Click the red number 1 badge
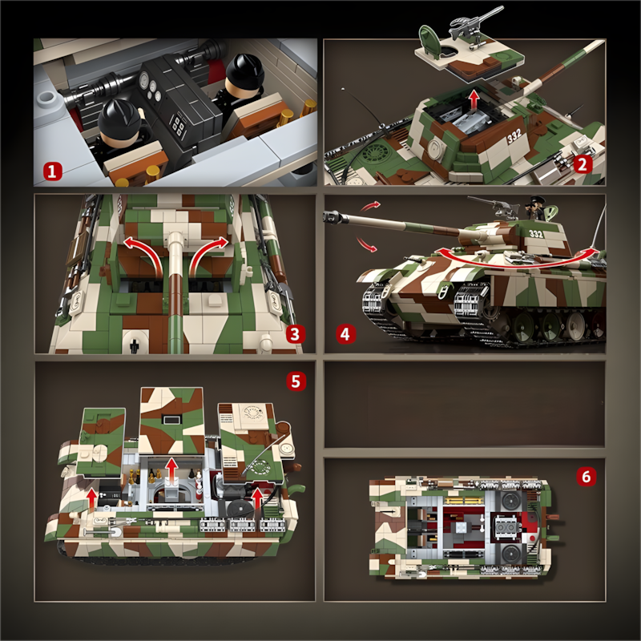[x=53, y=171]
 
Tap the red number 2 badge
[x=583, y=165]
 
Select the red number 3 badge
[x=295, y=333]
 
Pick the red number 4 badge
[x=345, y=334]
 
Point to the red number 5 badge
[x=296, y=381]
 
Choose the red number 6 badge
[x=587, y=477]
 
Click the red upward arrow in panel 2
[x=474, y=100]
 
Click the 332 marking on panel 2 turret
[x=514, y=137]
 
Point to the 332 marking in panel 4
[x=535, y=234]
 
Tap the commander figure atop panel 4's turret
[x=536, y=208]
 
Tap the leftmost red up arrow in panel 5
[x=92, y=498]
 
